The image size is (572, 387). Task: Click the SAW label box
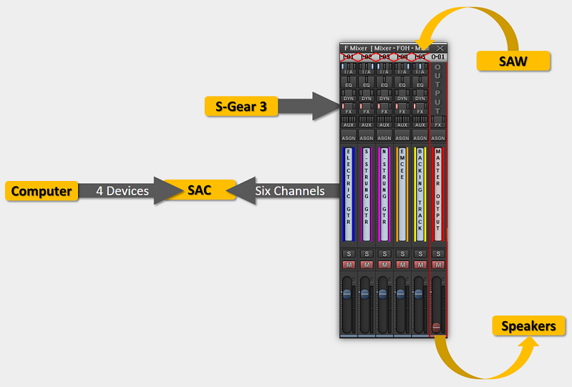tap(513, 62)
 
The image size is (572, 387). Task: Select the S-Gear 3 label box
tap(241, 107)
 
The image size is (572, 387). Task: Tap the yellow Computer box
tap(42, 191)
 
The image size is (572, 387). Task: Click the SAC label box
tap(200, 190)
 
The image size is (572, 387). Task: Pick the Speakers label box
tap(528, 326)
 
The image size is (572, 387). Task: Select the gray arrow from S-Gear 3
tap(308, 107)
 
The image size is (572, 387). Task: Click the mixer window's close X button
tap(440, 48)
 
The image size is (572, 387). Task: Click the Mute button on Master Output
tap(438, 265)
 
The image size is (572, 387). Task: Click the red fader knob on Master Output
tap(437, 326)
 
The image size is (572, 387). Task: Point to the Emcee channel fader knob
tap(401, 294)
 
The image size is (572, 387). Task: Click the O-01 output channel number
tap(438, 57)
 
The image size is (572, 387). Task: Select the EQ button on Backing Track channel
tap(420, 84)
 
